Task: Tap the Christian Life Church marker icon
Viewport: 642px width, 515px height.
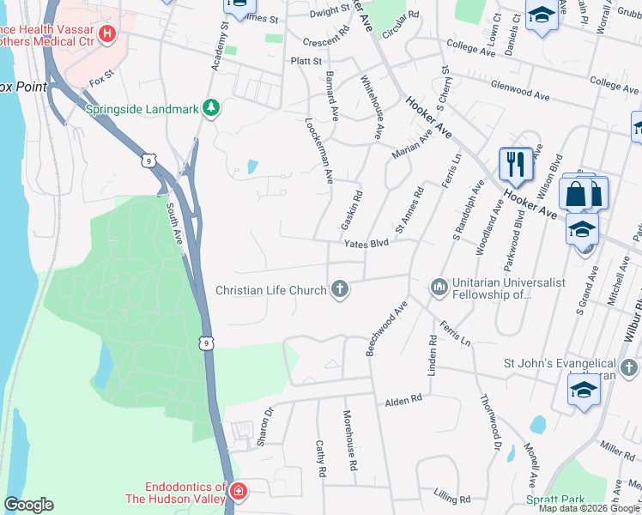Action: (340, 289)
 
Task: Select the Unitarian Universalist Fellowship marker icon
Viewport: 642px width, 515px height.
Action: (439, 287)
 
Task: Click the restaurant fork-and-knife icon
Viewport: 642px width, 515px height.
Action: (515, 163)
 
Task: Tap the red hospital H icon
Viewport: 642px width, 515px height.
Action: (107, 34)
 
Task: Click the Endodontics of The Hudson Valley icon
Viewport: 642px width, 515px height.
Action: (238, 493)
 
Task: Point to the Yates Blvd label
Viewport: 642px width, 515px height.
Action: (366, 243)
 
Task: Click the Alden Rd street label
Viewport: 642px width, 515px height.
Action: (403, 400)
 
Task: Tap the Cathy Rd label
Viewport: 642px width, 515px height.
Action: (320, 459)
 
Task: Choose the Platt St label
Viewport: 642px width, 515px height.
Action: (306, 61)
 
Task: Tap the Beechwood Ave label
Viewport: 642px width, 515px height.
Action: (386, 329)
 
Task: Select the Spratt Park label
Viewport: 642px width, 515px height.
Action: (555, 499)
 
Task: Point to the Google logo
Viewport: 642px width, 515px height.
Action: (29, 505)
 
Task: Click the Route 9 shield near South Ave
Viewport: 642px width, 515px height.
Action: (148, 161)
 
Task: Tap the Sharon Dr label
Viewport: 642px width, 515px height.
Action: (265, 427)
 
